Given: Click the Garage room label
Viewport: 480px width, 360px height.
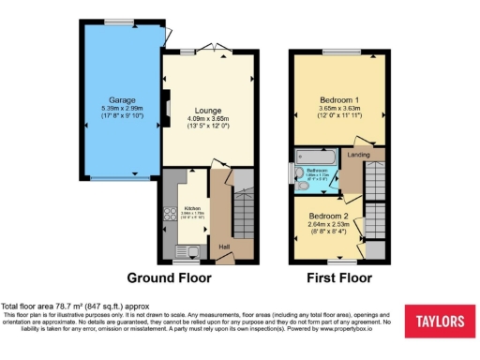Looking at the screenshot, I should click(x=123, y=99).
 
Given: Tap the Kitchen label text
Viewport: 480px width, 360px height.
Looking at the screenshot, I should click(x=191, y=208).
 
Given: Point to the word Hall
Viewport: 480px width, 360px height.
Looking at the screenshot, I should click(x=224, y=247).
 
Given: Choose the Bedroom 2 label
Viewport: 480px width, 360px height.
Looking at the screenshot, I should click(x=329, y=216).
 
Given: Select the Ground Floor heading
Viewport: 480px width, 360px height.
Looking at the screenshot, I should click(x=169, y=278).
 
